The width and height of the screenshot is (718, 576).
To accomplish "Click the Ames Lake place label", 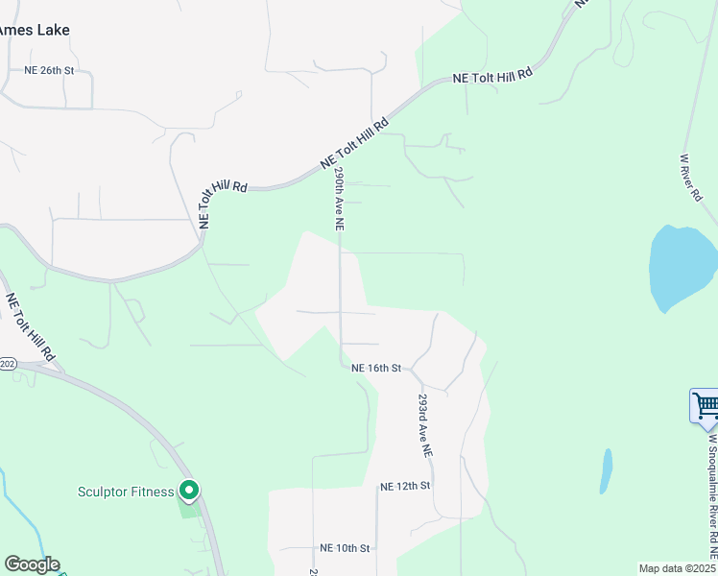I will click(x=35, y=30).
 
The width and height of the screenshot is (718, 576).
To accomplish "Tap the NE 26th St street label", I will click(x=49, y=71).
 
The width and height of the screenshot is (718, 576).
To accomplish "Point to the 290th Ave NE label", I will click(x=339, y=199).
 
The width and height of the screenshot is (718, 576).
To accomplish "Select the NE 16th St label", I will click(x=374, y=368).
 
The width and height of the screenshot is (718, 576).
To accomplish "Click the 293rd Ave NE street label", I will click(x=424, y=424).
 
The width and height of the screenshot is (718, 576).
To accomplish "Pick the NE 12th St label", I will click(x=404, y=487).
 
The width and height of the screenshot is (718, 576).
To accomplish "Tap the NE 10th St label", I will click(x=345, y=548).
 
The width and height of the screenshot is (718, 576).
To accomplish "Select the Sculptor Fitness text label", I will click(x=126, y=492).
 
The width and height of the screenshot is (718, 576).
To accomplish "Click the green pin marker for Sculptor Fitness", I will click(x=189, y=492).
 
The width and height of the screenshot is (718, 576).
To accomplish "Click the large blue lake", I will click(x=682, y=267).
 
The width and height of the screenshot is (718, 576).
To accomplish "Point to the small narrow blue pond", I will click(x=606, y=470).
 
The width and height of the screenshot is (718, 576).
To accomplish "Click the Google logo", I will click(x=32, y=564).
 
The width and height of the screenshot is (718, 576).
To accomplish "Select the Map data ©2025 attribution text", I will click(x=677, y=568).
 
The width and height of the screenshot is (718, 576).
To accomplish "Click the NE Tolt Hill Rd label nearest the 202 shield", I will click(x=28, y=331).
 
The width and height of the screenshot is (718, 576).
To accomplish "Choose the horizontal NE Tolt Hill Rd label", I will click(x=492, y=75).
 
